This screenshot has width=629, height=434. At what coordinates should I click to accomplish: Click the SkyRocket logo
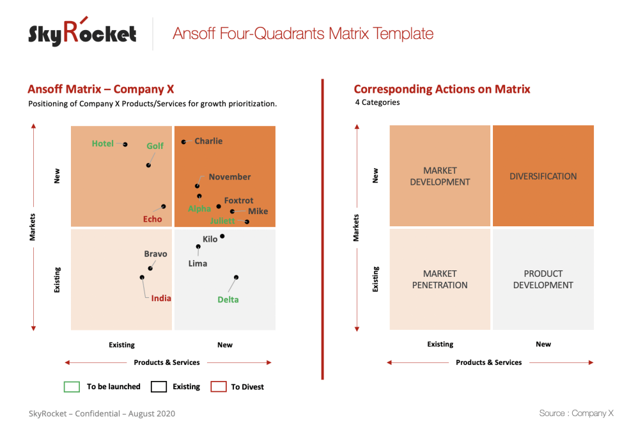pyautogui.click(x=82, y=33)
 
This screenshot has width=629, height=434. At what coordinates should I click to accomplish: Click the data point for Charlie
pyautogui.click(x=183, y=142)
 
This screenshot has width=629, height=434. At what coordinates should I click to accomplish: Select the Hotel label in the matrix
pyautogui.click(x=102, y=144)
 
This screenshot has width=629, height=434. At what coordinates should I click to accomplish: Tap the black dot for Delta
pyautogui.click(x=236, y=277)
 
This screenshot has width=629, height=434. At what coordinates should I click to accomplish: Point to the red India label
pyautogui.click(x=161, y=298)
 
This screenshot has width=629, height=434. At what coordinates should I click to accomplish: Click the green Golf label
pyautogui.click(x=155, y=146)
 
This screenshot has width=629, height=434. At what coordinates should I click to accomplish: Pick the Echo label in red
pyautogui.click(x=152, y=219)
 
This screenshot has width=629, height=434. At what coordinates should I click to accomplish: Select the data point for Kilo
pyautogui.click(x=222, y=236)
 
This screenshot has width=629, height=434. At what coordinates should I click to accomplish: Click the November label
pyautogui.click(x=229, y=177)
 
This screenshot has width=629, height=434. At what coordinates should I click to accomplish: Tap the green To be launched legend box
pyautogui.click(x=72, y=387)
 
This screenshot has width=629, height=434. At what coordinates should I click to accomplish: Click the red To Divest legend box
pyautogui.click(x=219, y=387)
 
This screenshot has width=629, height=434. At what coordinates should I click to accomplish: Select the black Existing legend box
pyautogui.click(x=159, y=387)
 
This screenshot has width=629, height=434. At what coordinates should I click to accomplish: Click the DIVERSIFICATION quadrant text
pyautogui.click(x=543, y=176)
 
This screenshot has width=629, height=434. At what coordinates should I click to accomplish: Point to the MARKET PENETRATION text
pyautogui.click(x=440, y=279)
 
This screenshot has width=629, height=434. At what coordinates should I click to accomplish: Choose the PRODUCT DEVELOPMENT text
pyautogui.click(x=543, y=279)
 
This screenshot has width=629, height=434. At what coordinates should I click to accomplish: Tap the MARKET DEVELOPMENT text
pyautogui.click(x=440, y=176)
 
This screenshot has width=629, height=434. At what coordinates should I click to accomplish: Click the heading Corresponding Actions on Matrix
pyautogui.click(x=442, y=89)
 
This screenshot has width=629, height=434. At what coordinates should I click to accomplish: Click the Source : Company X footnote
pyautogui.click(x=576, y=414)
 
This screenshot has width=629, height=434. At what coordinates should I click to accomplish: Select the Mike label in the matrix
pyautogui.click(x=258, y=212)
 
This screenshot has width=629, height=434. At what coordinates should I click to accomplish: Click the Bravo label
pyautogui.click(x=155, y=254)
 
